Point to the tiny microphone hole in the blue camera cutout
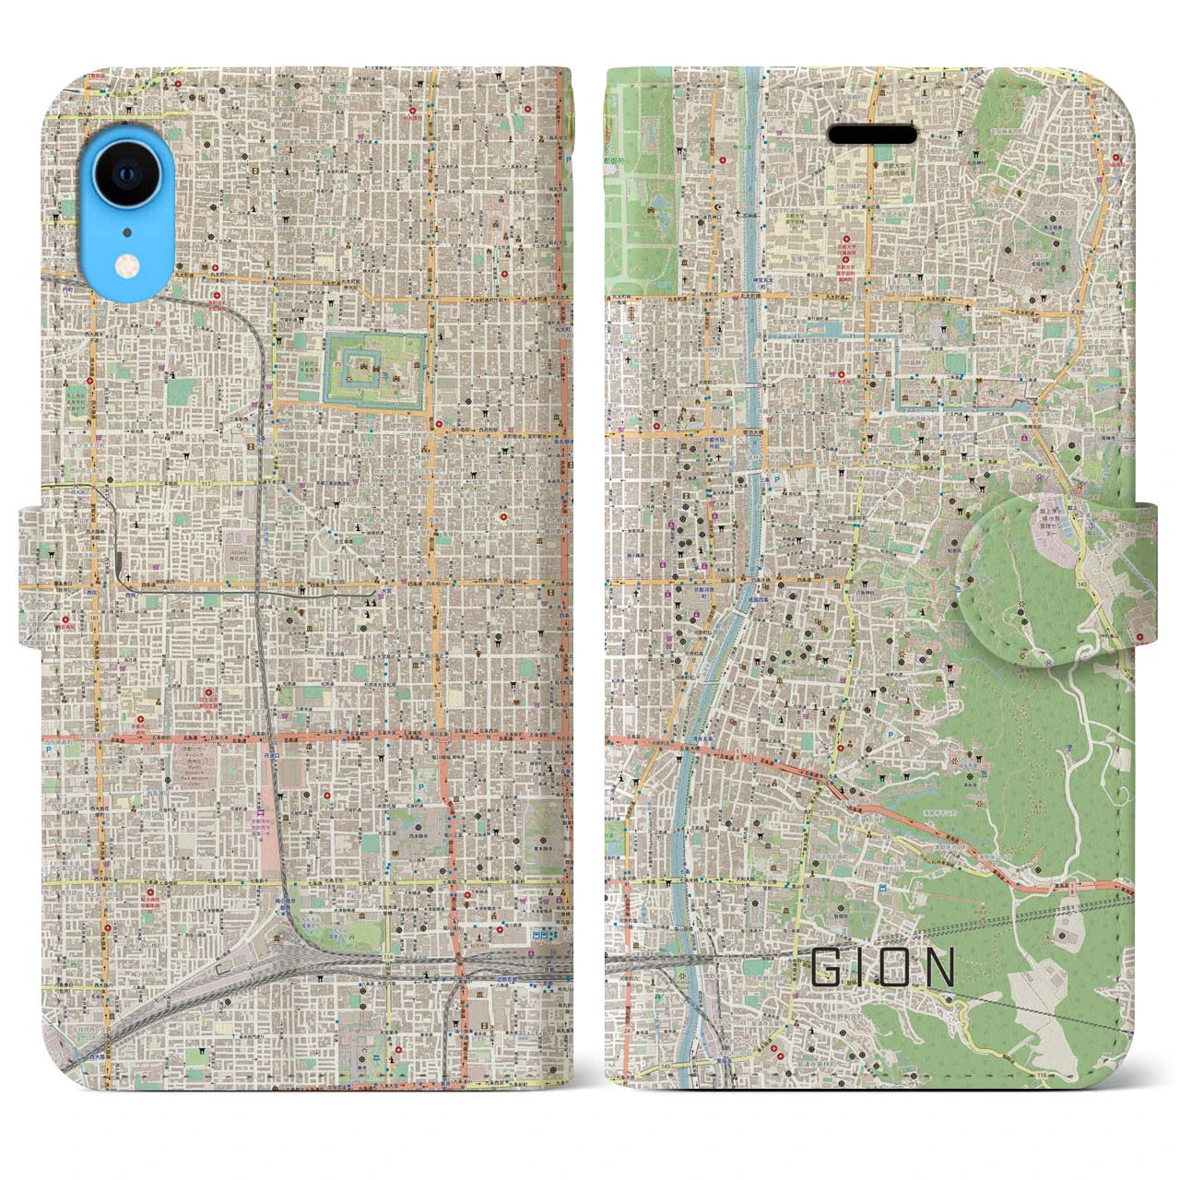(x=127, y=228)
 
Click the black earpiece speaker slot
(x=872, y=136)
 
